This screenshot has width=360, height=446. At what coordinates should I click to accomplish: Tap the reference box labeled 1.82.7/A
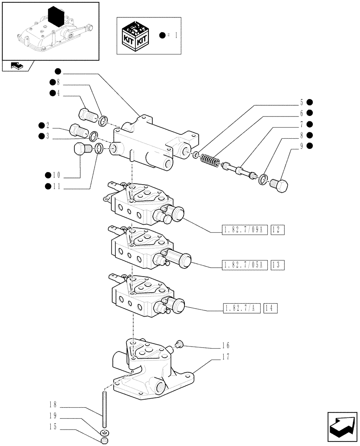click(x=241, y=308)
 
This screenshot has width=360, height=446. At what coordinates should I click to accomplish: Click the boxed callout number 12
click(x=277, y=230)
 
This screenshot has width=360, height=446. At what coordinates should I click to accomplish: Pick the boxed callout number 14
click(x=270, y=308)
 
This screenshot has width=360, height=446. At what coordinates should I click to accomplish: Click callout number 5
click(x=301, y=102)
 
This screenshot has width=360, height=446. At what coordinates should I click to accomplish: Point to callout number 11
click(x=57, y=188)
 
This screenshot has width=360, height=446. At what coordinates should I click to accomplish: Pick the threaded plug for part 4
click(x=86, y=115)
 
